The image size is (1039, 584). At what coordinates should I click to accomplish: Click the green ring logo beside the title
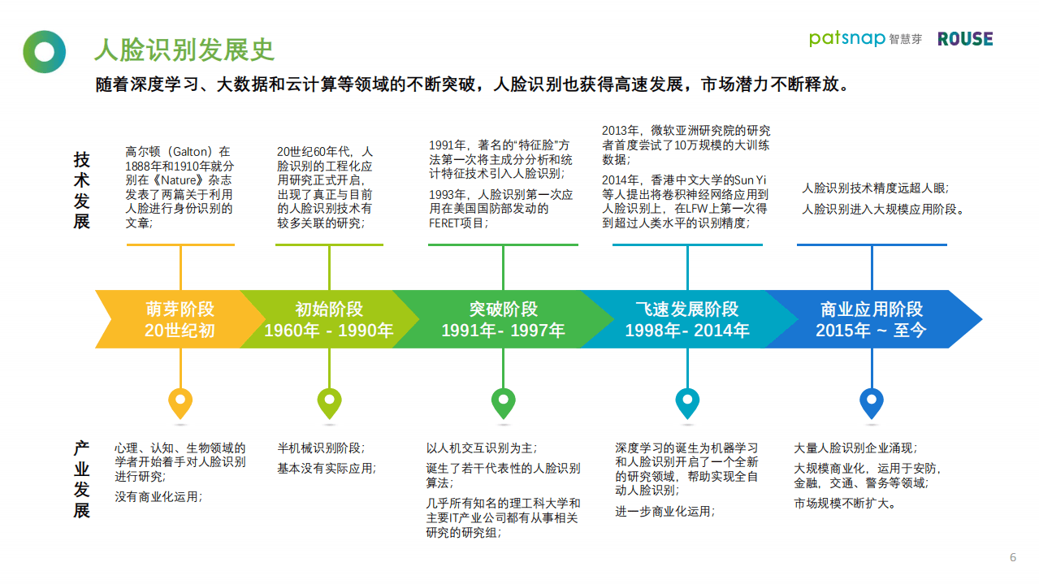[44, 51]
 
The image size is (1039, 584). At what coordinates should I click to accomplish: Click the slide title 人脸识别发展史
[184, 50]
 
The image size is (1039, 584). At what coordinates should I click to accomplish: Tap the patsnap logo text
[847, 38]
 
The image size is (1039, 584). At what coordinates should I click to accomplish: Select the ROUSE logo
[965, 39]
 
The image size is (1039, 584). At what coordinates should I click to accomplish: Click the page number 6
[1012, 557]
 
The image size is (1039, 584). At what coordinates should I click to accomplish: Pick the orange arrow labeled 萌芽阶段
[175, 319]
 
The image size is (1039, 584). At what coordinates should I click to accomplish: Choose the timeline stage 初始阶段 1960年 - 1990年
[328, 319]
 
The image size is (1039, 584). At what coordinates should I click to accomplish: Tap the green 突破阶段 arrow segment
[503, 319]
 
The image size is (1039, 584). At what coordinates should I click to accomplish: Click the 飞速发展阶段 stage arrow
[686, 319]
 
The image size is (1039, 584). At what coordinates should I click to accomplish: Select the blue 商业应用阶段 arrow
[871, 319]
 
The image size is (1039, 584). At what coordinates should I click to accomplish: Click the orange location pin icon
[180, 402]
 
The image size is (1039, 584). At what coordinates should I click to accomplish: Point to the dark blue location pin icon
[871, 402]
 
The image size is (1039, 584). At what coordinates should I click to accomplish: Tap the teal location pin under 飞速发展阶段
[687, 402]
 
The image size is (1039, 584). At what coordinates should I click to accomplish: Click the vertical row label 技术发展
[82, 189]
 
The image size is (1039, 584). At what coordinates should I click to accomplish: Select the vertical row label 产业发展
[82, 479]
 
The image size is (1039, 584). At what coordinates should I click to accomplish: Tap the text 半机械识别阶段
[321, 448]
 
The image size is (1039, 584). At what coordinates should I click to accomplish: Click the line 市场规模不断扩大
[845, 503]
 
